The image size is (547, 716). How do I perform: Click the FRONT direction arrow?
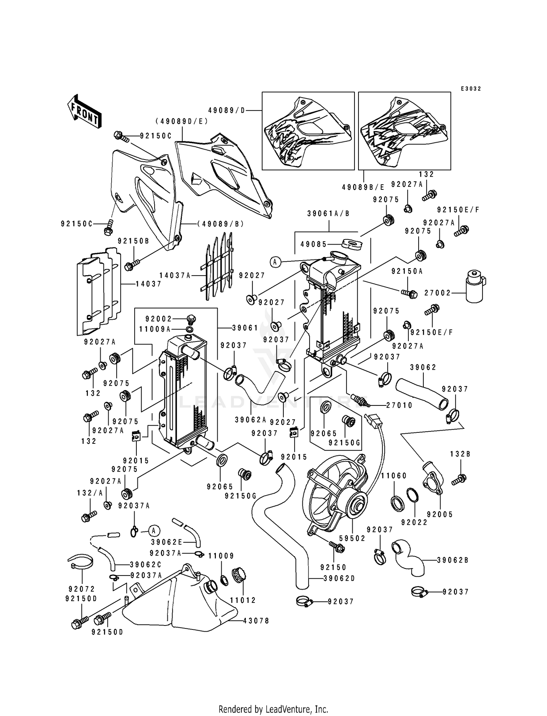tap(84, 111)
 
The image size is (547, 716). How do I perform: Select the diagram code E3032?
tap(471, 89)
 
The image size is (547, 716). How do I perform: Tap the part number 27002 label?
tap(438, 293)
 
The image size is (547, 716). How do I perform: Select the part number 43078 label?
tap(256, 621)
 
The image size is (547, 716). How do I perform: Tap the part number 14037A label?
tap(175, 276)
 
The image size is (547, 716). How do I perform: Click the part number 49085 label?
tap(314, 244)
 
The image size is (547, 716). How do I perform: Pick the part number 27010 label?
tap(399, 405)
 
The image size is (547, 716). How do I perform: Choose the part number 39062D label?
tap(339, 578)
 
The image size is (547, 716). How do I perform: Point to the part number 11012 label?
tap(243, 600)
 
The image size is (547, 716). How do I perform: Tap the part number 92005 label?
tap(440, 515)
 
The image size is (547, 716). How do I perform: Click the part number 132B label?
tap(460, 454)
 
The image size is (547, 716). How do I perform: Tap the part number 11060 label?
tap(394, 476)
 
